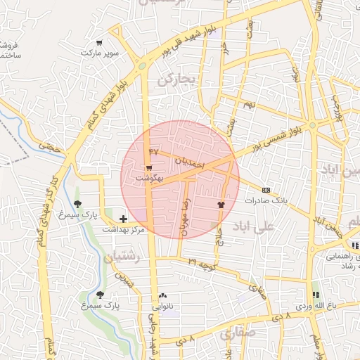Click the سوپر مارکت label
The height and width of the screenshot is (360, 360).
pos(99,53)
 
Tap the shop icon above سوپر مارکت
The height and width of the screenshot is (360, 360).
pos(99,42)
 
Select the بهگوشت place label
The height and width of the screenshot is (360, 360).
pos(149,179)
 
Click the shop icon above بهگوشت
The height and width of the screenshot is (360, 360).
pos(149,168)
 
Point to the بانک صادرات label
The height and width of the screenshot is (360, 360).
pos(266,200)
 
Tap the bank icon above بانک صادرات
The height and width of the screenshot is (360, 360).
pos(266,190)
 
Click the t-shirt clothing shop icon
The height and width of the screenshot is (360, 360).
pos(221,205)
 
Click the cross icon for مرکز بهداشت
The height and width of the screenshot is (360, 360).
pos(124,219)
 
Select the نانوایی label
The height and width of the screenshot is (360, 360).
pos(163,307)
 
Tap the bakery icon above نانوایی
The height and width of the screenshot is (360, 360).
pos(163,296)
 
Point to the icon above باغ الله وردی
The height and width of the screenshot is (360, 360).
pos(314,295)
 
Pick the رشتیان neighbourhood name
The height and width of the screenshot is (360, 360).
pos(123,259)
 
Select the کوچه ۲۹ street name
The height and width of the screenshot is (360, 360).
pos(202,262)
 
